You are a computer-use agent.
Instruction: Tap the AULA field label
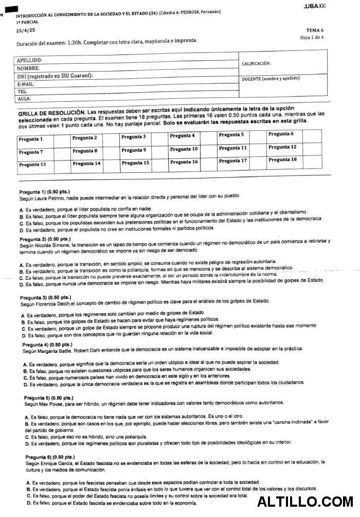[24, 98]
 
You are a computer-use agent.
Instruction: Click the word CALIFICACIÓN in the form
[256, 63]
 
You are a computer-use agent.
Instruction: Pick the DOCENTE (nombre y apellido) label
[271, 78]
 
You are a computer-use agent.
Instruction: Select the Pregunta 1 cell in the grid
[30, 139]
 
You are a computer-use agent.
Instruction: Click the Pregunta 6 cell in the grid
[281, 134]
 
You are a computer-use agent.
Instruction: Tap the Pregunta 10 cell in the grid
[184, 149]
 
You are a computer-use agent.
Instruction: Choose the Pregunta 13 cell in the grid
[32, 165]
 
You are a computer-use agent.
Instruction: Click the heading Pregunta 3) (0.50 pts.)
[45, 297]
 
